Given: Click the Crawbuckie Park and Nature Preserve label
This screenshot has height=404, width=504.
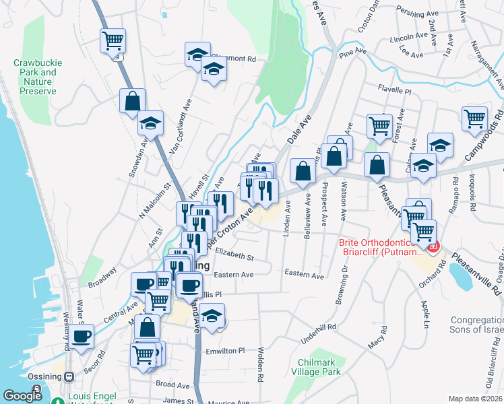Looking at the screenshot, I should [38, 77].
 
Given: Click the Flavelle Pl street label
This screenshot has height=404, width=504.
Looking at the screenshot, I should [394, 89].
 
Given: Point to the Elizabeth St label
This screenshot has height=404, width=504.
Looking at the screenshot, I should [234, 257].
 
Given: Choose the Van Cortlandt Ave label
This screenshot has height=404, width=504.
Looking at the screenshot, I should [180, 128].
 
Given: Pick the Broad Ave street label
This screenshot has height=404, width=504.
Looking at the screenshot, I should [173, 385].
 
